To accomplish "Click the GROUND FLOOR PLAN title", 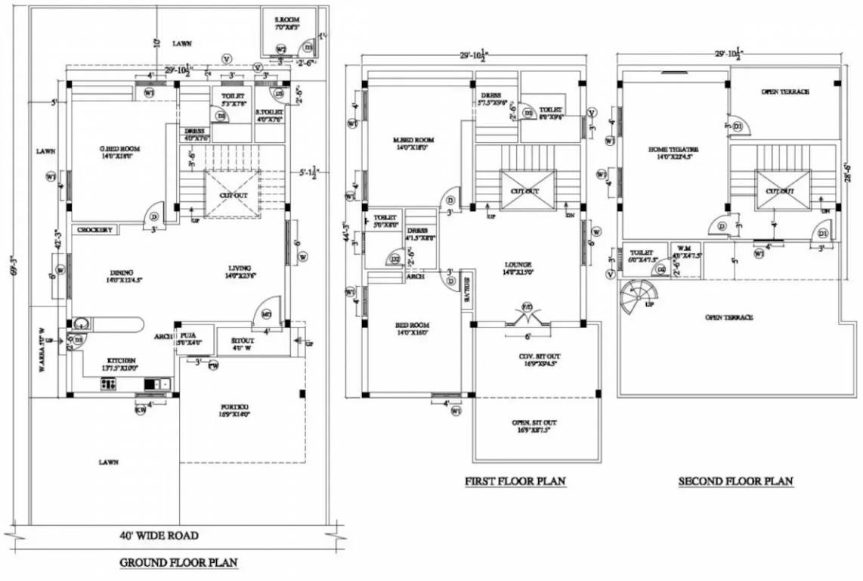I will click(x=179, y=562).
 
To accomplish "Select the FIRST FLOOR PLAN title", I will click(x=515, y=481).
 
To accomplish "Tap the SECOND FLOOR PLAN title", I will click(x=735, y=481).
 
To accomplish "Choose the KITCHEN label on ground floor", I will click(x=120, y=360).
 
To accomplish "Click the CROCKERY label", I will click(x=95, y=230).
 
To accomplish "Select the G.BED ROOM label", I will click(x=119, y=149).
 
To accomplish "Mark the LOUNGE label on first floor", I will click(x=518, y=266).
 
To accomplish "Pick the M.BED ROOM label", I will click(x=413, y=140).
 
